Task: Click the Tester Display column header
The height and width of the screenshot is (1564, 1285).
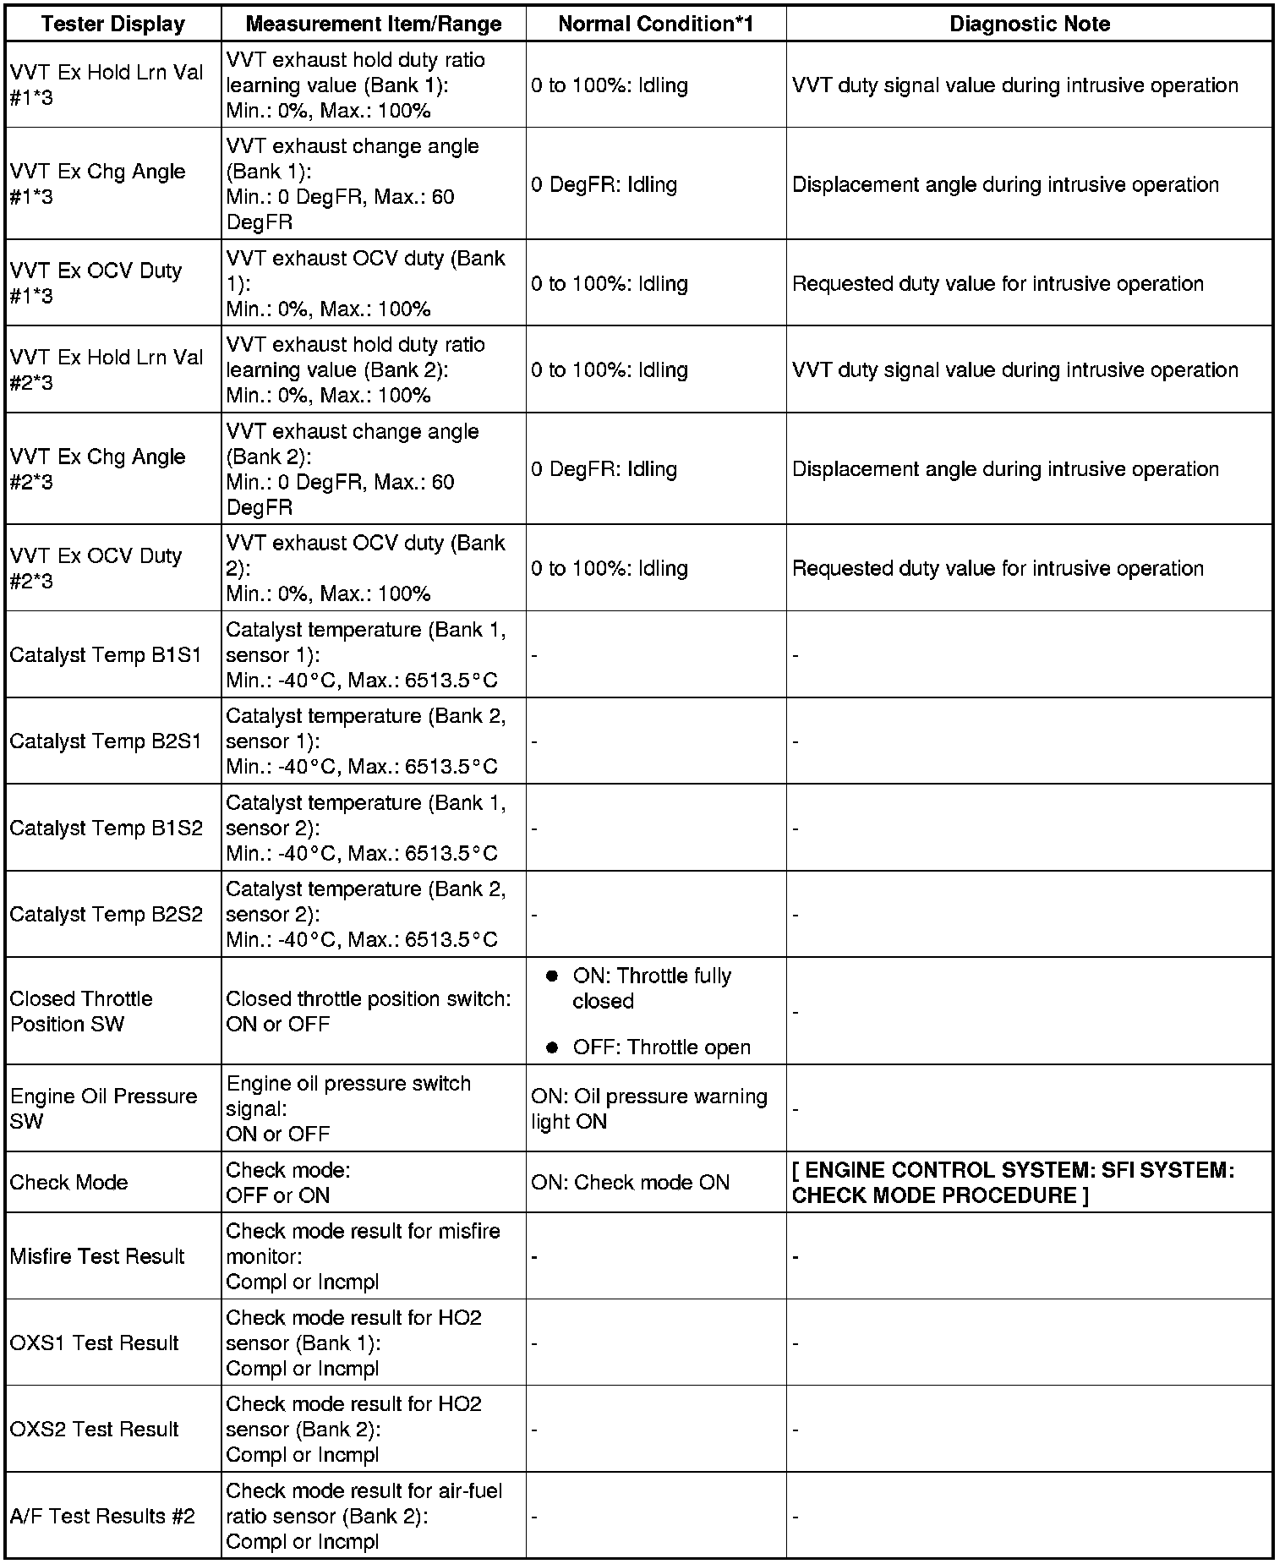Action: [x=113, y=24]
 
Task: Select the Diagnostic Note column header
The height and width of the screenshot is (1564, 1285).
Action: [x=1030, y=24]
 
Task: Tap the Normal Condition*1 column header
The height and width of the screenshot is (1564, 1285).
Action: [x=655, y=24]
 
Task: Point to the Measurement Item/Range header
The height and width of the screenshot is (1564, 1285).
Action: [x=374, y=24]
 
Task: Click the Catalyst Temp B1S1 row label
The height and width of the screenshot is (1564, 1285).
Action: [x=106, y=655]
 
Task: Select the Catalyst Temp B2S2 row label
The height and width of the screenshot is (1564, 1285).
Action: [x=107, y=914]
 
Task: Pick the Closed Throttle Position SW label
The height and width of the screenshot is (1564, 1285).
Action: [x=81, y=1011]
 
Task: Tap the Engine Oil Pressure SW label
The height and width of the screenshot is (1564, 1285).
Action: [x=103, y=1108]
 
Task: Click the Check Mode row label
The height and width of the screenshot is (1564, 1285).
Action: [x=68, y=1182]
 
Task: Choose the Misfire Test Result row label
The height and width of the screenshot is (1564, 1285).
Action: [x=97, y=1256]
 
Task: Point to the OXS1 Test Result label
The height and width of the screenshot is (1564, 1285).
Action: [x=95, y=1343]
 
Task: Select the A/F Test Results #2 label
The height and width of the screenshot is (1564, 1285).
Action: [x=102, y=1516]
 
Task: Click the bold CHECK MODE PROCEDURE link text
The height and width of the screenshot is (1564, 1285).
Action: [x=1013, y=1183]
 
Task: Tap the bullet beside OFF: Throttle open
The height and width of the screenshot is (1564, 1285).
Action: [x=553, y=1047]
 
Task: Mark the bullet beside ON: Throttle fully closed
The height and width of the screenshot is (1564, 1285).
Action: [x=553, y=976]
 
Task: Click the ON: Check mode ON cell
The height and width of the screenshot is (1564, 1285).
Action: [x=630, y=1182]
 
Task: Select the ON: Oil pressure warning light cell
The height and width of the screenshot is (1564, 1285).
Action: [x=649, y=1108]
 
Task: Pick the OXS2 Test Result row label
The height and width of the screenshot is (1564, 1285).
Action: [x=95, y=1429]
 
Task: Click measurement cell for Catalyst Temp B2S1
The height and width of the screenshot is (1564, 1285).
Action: [x=365, y=741]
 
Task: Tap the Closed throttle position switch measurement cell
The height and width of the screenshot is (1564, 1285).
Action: [x=368, y=1011]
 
